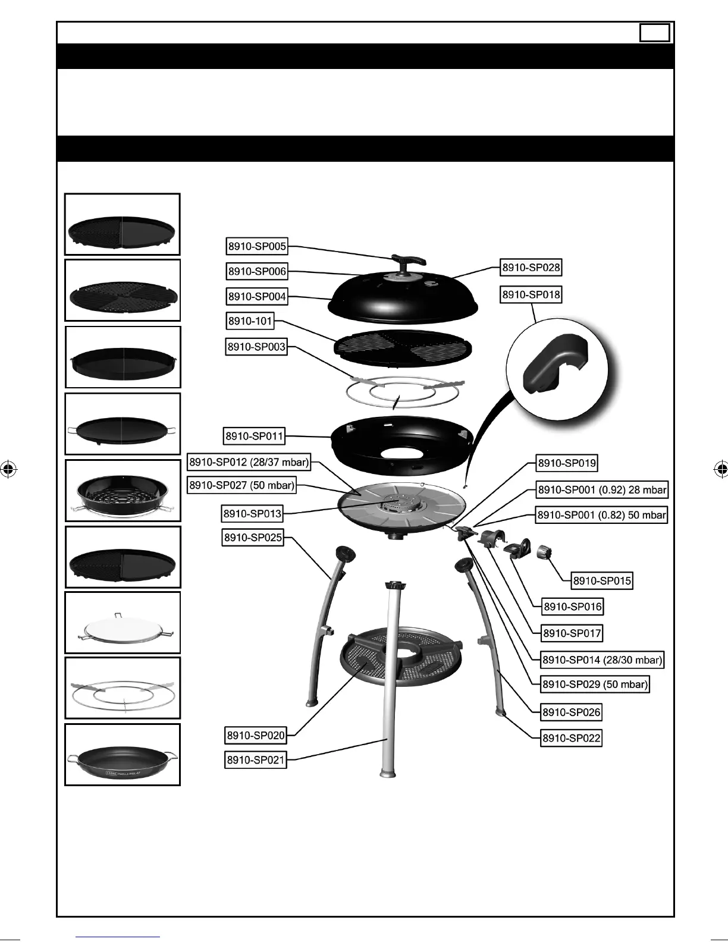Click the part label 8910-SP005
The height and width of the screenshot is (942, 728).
click(257, 246)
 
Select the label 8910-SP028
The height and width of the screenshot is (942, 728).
click(531, 268)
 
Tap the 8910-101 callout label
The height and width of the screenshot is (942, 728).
click(250, 321)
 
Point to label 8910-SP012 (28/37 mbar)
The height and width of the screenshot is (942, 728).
click(249, 462)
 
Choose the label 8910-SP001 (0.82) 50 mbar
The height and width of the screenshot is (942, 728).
click(601, 515)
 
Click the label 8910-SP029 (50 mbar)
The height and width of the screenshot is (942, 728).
click(594, 684)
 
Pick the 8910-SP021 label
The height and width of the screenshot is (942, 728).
click(256, 760)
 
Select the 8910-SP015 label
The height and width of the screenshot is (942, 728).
click(602, 580)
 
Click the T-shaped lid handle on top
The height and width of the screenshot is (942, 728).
click(408, 262)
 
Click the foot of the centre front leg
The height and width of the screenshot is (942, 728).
click(388, 773)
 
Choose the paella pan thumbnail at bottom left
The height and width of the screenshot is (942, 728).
click(123, 755)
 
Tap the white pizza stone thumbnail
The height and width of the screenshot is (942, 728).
click(123, 623)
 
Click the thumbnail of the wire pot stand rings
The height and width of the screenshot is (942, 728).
click(123, 689)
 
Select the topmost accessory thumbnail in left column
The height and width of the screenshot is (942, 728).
click(123, 224)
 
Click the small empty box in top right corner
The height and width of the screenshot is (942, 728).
click(655, 33)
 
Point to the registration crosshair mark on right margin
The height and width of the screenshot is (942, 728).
click(721, 469)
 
